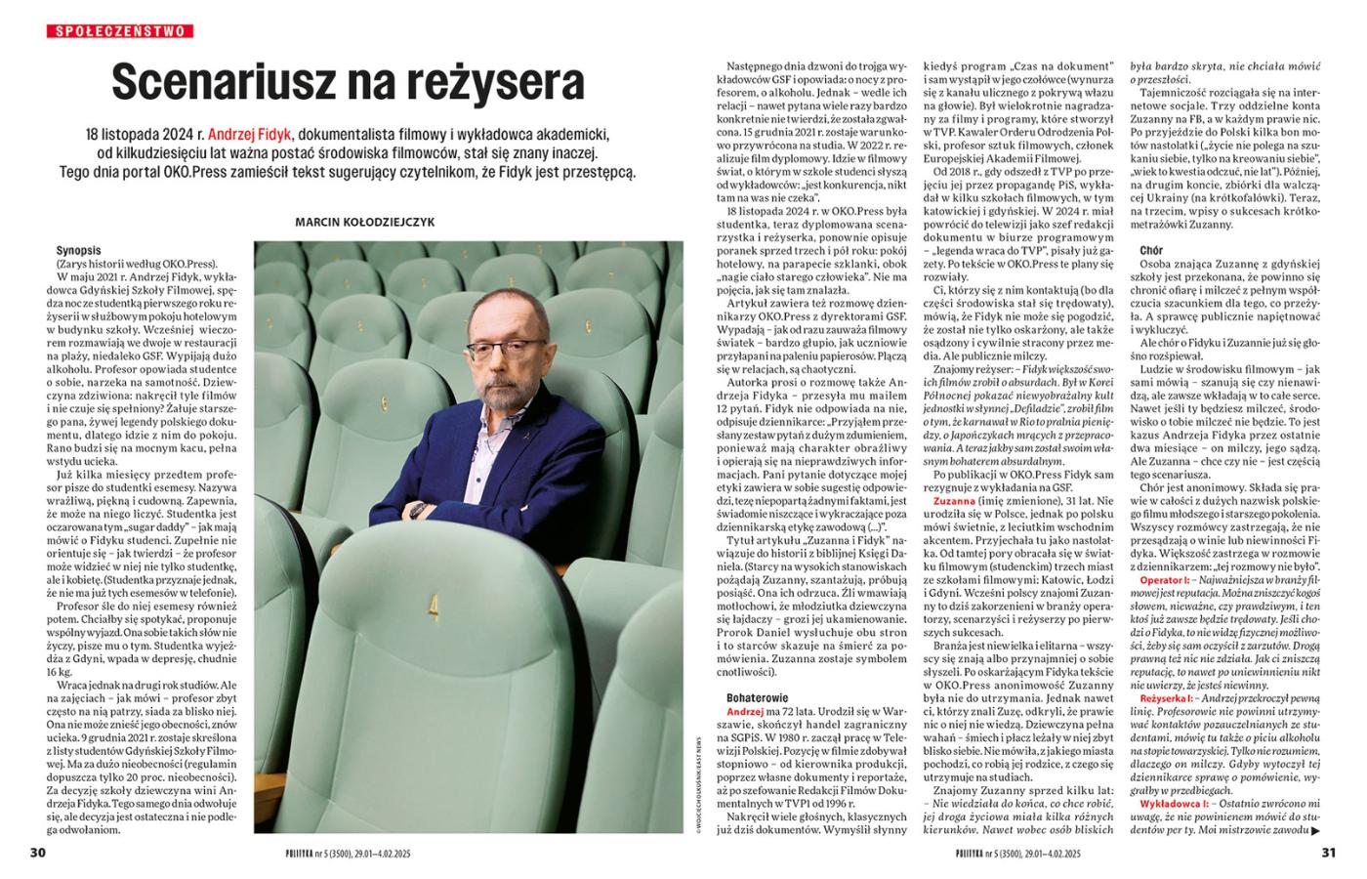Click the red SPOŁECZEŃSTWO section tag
tap(120, 31)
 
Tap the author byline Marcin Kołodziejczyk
tap(365, 222)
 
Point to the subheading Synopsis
tap(79, 251)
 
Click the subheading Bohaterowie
tap(758, 697)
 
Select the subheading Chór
tap(1151, 251)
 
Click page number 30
tap(38, 852)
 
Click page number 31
tap(1328, 852)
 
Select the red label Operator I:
tap(1168, 581)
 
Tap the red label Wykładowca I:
tap(1176, 801)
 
